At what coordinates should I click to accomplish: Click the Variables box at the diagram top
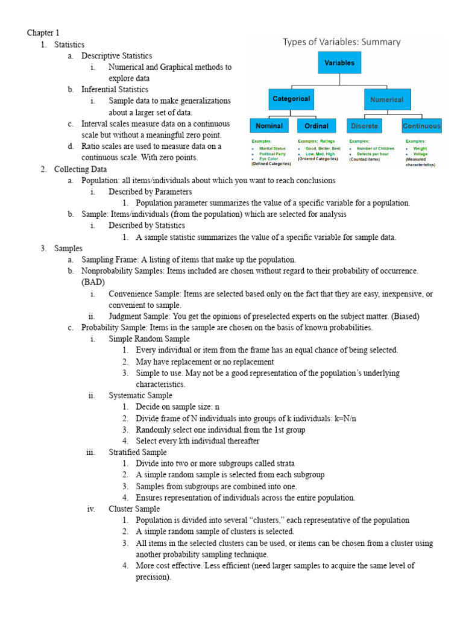(340, 63)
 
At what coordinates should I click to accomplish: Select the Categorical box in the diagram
(291, 99)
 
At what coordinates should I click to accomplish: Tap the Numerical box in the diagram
(387, 99)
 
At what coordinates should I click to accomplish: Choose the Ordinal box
(316, 126)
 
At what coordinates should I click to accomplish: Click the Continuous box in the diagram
(421, 126)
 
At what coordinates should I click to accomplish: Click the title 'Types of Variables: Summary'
(342, 42)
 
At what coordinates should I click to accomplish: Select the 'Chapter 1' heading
(43, 33)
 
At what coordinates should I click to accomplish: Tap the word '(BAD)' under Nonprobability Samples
(93, 282)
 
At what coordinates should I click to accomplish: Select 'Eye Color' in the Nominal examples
(269, 159)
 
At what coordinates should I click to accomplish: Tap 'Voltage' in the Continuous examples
(420, 154)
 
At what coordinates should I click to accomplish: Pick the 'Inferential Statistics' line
(115, 89)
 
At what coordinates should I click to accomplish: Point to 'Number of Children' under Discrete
(375, 148)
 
